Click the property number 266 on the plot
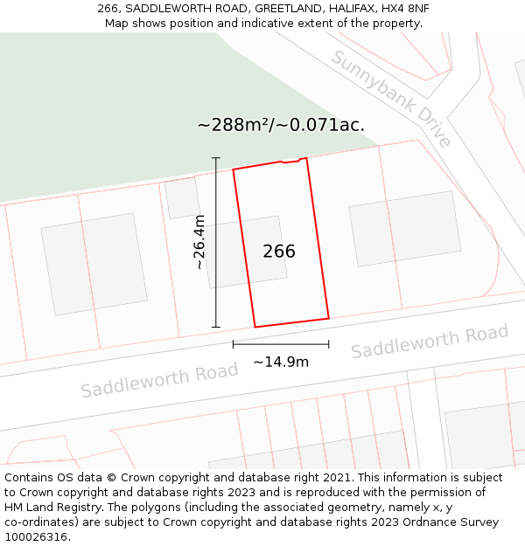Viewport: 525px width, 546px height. [x=279, y=252]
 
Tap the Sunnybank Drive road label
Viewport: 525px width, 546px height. [x=391, y=99]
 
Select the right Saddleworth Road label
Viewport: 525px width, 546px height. [x=430, y=342]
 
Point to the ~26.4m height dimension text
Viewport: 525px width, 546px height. [x=199, y=242]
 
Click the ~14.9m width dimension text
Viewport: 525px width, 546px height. [x=281, y=362]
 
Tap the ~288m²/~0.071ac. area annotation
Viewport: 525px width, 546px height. [x=281, y=125]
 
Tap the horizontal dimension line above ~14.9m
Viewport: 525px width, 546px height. [x=281, y=344]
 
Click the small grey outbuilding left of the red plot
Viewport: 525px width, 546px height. [x=182, y=198]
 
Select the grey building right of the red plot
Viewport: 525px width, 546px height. [x=404, y=228]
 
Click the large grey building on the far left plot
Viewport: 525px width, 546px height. [x=93, y=264]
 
